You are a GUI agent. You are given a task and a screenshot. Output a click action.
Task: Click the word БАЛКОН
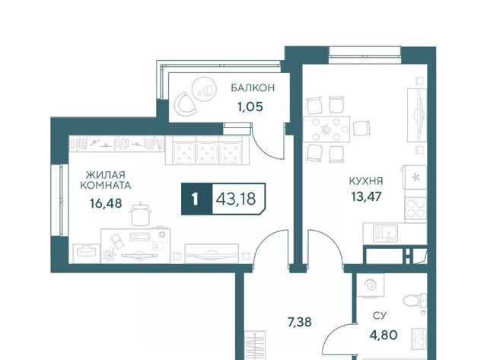253,88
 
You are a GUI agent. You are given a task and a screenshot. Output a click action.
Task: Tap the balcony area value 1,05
250,107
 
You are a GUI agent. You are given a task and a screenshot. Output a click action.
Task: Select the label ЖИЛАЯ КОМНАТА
106,180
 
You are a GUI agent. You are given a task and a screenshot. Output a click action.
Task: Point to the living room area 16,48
106,204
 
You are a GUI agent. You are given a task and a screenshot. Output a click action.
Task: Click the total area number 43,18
236,199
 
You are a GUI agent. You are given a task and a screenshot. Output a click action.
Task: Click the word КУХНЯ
366,181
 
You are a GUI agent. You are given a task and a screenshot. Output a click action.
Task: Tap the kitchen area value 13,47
366,196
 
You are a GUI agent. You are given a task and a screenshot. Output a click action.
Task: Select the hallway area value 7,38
299,322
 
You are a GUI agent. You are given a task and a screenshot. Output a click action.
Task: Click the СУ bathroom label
379,316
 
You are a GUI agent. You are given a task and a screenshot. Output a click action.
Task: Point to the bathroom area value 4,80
384,335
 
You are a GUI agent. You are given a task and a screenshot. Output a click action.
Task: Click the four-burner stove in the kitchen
415,209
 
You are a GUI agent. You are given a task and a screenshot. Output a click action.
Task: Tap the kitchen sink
385,233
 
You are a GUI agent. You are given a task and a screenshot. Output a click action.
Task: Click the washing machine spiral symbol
370,285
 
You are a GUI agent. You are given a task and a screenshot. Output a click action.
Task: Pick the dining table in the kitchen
326,129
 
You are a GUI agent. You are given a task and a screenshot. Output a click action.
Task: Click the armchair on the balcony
186,103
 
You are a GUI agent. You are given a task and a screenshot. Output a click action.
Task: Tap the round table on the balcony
204,88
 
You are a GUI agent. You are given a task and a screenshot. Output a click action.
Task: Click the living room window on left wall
59,200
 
